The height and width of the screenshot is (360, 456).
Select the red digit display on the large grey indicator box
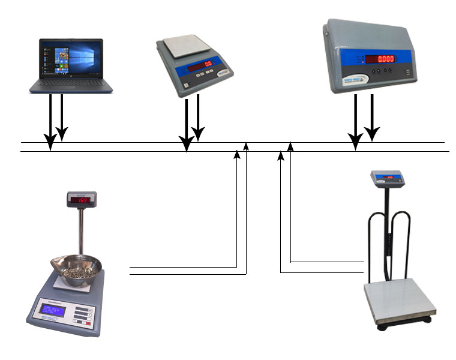380,59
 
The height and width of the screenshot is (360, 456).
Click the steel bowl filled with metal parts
77,267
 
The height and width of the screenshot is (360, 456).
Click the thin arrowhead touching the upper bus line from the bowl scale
246,146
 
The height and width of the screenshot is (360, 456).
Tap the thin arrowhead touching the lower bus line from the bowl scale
237,155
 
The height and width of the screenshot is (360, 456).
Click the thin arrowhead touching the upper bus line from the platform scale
290,145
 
